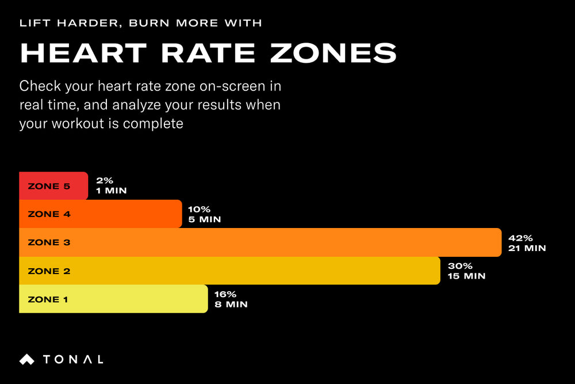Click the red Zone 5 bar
coord(53,186)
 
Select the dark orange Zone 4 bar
coord(101,214)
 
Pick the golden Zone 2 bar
coord(229,271)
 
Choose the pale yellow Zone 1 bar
coord(113,299)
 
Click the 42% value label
coord(520,238)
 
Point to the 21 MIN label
coord(527,248)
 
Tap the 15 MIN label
coord(466,276)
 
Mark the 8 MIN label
coord(231,305)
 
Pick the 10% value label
coord(198,210)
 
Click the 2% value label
coord(104,181)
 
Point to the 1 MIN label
coord(111,191)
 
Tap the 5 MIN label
coord(204,220)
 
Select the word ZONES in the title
coord(333,53)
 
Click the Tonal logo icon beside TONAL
coord(27,359)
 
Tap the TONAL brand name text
coord(73,359)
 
